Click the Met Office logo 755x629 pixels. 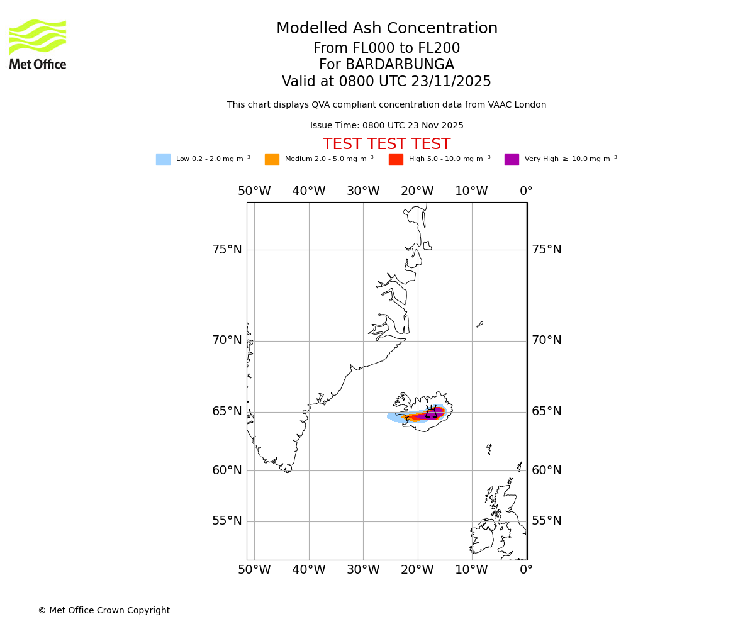[x=38, y=44]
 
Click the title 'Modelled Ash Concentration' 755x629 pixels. [x=386, y=29]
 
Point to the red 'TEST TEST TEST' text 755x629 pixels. [x=386, y=144]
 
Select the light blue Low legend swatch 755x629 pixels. [x=163, y=160]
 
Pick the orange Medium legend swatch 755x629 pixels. [x=272, y=160]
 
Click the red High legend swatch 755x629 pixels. [x=396, y=160]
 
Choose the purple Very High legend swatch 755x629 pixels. [x=512, y=160]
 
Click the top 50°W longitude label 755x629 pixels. [x=254, y=191]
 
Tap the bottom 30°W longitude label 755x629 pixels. [x=363, y=570]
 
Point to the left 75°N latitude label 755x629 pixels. [x=226, y=250]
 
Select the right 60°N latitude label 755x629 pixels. [x=547, y=470]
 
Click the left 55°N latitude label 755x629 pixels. [x=226, y=521]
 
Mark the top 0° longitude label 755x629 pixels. [x=526, y=191]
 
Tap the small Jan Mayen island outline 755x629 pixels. [x=480, y=325]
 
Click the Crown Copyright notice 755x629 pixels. [x=104, y=611]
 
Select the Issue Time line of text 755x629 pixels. [x=386, y=126]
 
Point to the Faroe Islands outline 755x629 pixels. [x=489, y=449]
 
